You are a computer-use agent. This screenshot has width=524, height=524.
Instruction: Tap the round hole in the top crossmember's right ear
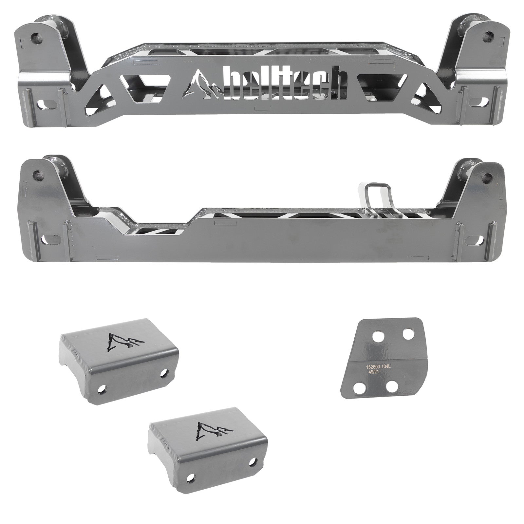coord(490,34)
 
